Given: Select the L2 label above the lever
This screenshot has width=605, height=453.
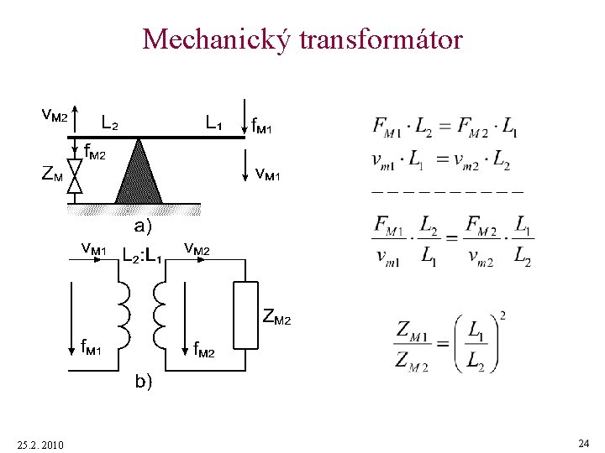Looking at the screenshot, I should point(109,122).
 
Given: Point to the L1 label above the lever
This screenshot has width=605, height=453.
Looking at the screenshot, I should point(213,122).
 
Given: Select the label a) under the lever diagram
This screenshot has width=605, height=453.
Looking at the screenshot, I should point(143,225).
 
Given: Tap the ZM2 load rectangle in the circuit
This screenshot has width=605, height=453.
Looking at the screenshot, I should point(246,315).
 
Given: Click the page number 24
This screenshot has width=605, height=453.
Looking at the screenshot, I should point(583,442).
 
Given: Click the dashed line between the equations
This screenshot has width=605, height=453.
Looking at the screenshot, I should point(446,192).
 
